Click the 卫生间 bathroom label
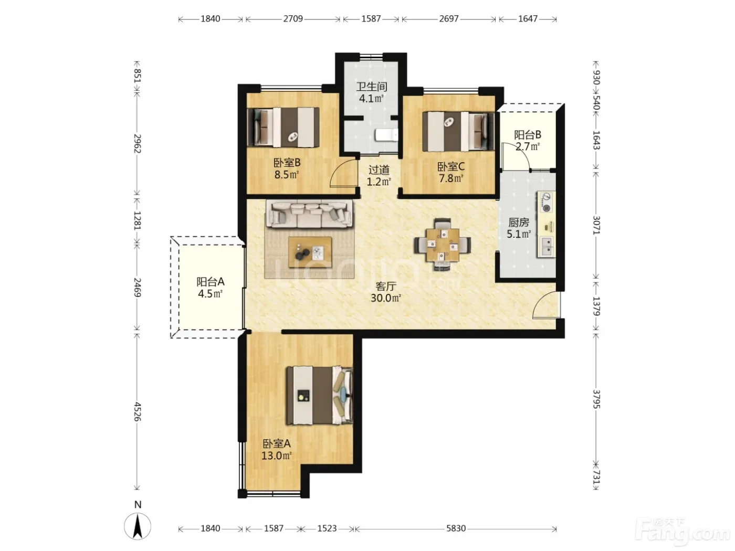(371, 87)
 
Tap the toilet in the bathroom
(386, 135)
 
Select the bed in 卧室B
(283, 127)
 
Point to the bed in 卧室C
(458, 132)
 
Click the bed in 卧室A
(319, 395)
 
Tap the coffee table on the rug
(310, 252)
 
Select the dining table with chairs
(443, 245)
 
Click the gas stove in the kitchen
(546, 202)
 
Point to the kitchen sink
(547, 247)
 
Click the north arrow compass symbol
(138, 526)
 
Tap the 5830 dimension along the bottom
(456, 528)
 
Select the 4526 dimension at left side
(138, 411)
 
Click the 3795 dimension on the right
(596, 399)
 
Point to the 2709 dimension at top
(293, 19)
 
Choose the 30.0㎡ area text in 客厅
(386, 298)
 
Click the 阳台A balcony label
(211, 282)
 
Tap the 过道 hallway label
(379, 170)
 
